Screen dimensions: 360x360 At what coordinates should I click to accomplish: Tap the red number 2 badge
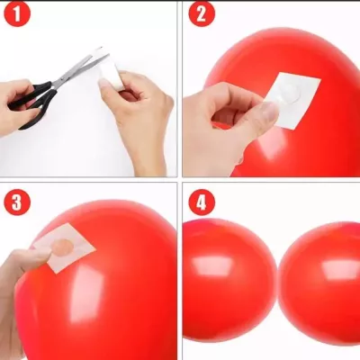click(x=202, y=15)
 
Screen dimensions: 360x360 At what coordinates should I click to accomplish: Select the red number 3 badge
click(x=17, y=201)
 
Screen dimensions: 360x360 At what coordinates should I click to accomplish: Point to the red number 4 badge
click(x=201, y=201)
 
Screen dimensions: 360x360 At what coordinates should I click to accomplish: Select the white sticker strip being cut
click(x=110, y=70)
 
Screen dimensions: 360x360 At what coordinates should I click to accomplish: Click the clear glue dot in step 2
click(x=285, y=93)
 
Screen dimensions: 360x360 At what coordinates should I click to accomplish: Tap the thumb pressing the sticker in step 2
click(x=265, y=112)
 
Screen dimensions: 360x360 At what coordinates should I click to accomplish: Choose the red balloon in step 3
click(x=108, y=288)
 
